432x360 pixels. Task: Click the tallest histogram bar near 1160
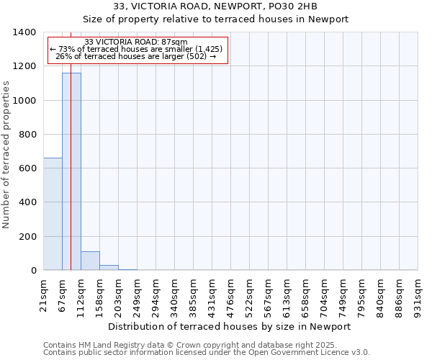coord(71,173)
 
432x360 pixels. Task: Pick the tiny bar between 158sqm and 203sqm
coord(109,268)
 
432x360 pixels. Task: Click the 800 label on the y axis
coord(27,135)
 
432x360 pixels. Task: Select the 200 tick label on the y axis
coord(27,237)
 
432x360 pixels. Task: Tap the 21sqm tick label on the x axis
coord(44,294)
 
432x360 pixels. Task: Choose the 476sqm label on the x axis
coord(231,295)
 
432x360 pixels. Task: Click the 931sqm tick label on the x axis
coord(418,295)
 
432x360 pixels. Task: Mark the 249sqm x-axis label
coord(138,295)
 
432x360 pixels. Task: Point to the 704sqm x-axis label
coord(325,295)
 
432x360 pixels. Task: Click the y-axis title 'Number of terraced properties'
coord(6,154)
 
